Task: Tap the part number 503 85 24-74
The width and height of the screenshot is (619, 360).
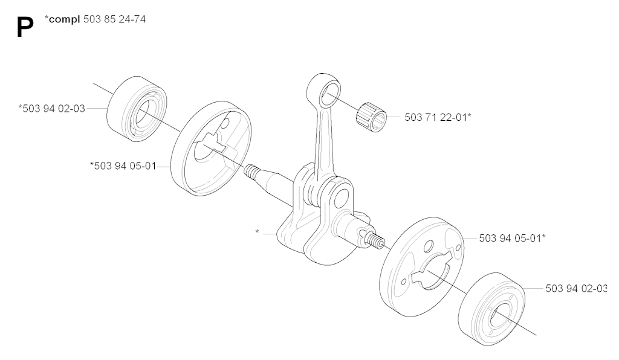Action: pos(114,19)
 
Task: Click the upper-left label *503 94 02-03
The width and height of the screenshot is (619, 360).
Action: pos(52,109)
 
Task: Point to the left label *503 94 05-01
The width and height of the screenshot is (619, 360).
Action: pos(123,166)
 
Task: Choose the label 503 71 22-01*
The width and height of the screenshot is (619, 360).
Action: pos(438,117)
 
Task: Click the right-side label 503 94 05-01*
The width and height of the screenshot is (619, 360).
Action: pos(512,238)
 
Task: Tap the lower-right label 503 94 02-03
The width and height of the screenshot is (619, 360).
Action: pos(576,288)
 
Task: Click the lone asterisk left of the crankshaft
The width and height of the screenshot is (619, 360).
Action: pos(258,232)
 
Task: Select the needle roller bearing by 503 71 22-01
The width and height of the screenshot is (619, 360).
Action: pos(371,117)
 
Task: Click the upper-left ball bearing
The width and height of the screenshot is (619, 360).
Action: pos(137,109)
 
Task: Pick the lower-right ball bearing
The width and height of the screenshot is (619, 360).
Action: pos(492,309)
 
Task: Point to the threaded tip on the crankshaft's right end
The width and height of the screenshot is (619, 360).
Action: pos(375,239)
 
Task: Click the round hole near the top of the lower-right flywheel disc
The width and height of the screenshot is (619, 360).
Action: pos(428,249)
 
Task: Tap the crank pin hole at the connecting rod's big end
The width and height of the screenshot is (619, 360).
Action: pos(342,198)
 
